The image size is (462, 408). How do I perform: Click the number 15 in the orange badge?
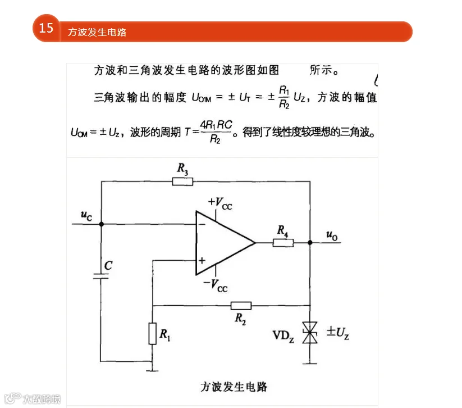click(x=46, y=28)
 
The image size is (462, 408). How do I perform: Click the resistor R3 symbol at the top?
click(x=182, y=182)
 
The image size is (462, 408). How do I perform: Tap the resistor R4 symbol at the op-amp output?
click(x=283, y=243)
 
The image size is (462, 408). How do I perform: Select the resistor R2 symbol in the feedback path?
click(x=241, y=306)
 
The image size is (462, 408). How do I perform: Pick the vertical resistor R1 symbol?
click(x=152, y=334)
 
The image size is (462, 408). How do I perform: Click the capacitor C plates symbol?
click(x=101, y=276)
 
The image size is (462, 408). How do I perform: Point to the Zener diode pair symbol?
click(x=310, y=333)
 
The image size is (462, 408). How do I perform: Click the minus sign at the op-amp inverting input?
click(x=202, y=224)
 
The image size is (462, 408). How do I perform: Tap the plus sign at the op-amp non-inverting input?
click(x=202, y=261)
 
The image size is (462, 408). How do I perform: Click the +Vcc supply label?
click(x=220, y=203)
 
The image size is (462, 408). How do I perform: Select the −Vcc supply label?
click(x=216, y=285)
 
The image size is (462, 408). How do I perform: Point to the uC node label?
click(x=86, y=216)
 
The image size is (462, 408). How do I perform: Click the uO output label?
click(x=332, y=235)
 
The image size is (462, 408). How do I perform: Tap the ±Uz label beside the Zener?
click(x=338, y=333)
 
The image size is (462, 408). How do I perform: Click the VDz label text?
click(x=283, y=336)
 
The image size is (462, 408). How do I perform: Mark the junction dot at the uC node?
click(x=102, y=224)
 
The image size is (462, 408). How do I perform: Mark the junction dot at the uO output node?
click(x=310, y=243)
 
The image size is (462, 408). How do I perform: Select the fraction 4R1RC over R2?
click(x=216, y=132)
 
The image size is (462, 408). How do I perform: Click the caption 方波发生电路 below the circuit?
click(x=234, y=387)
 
